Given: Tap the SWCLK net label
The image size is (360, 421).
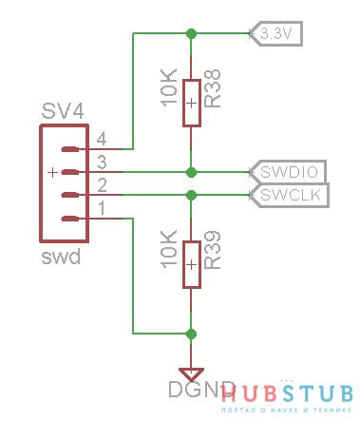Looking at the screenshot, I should click(288, 196).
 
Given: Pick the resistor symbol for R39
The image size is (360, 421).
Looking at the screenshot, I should click(192, 264).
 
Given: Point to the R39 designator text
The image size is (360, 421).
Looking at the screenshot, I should click(214, 262).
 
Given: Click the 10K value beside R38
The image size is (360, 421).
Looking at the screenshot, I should click(169, 88).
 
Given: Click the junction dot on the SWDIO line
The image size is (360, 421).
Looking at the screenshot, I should click(192, 172).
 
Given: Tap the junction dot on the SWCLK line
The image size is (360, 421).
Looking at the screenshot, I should click(192, 195).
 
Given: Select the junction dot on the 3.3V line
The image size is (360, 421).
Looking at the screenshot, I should click(192, 33).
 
